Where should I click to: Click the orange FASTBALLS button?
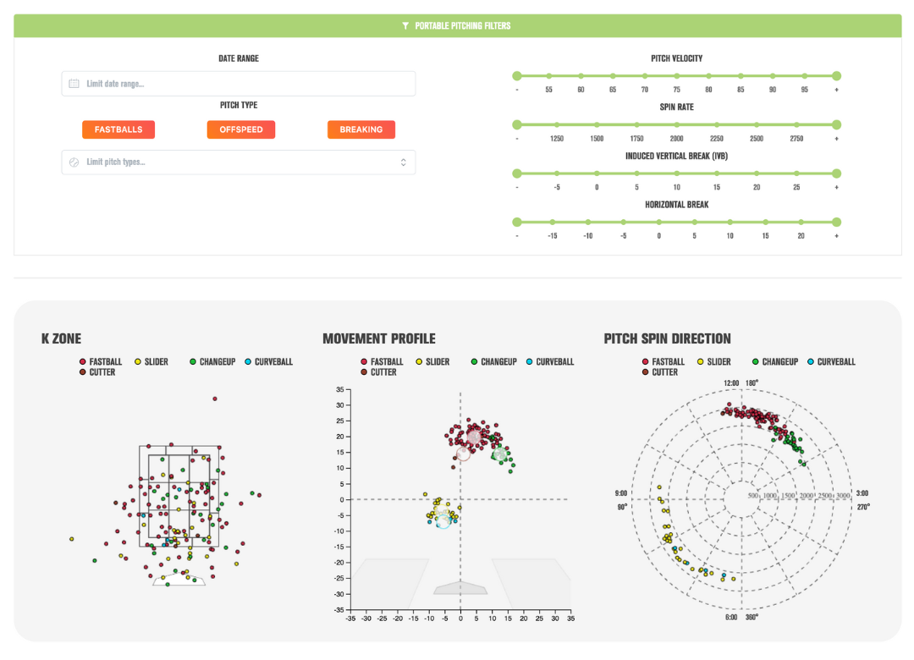tap(118, 129)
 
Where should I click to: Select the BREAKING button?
tap(361, 129)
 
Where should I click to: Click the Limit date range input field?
tap(239, 84)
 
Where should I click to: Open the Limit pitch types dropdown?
tap(239, 162)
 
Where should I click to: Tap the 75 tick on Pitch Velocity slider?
tap(676, 76)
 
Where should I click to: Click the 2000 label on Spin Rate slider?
tap(676, 139)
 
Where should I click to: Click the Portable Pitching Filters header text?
tap(462, 25)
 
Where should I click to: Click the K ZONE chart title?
tap(61, 338)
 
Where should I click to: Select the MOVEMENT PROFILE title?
tap(379, 338)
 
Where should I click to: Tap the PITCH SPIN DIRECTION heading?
tap(667, 338)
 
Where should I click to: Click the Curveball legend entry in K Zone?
tap(269, 362)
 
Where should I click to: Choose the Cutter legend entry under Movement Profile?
tap(378, 372)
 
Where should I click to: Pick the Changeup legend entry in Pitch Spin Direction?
tap(774, 362)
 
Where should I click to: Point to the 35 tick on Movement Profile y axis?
tap(340, 389)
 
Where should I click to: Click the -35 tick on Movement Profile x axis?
tap(350, 619)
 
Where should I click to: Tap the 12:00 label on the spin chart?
tap(731, 383)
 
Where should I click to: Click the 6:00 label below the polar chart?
tap(731, 617)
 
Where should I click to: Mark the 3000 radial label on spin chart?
tap(843, 496)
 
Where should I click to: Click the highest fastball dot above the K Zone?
tap(215, 399)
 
